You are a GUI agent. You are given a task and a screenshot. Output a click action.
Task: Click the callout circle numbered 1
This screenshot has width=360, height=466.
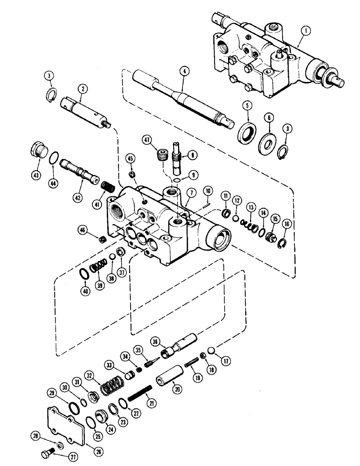[x=305, y=31]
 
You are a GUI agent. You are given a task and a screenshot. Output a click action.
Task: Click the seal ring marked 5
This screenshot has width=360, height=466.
[x=246, y=135]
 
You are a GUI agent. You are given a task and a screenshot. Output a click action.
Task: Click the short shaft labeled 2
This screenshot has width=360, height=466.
[x=86, y=111]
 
